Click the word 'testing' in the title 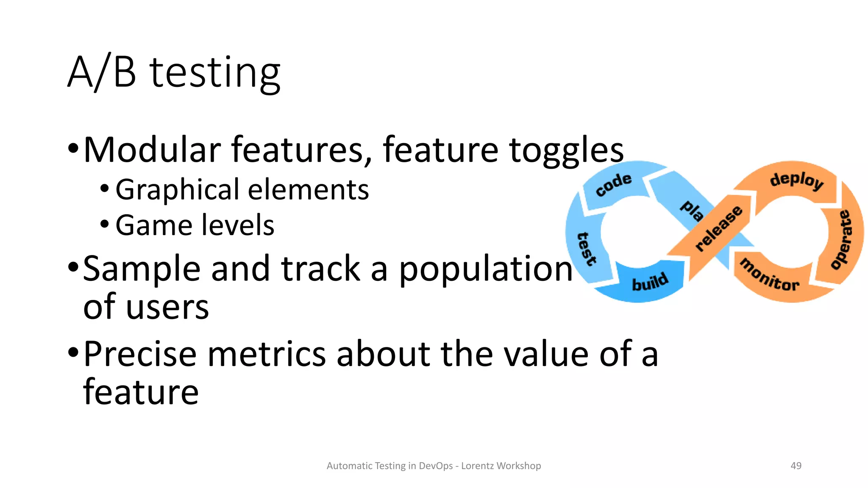[215, 73]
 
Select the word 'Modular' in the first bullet [152, 150]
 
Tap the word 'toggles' [566, 150]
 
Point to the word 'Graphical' [178, 189]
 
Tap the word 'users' [167, 307]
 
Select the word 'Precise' [140, 354]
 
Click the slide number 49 [796, 466]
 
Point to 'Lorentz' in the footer [477, 466]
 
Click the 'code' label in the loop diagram [613, 185]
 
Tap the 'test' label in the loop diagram [587, 249]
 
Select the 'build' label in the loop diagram [650, 282]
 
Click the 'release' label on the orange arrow [719, 228]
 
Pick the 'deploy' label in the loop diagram [797, 180]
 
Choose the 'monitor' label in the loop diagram [769, 276]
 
